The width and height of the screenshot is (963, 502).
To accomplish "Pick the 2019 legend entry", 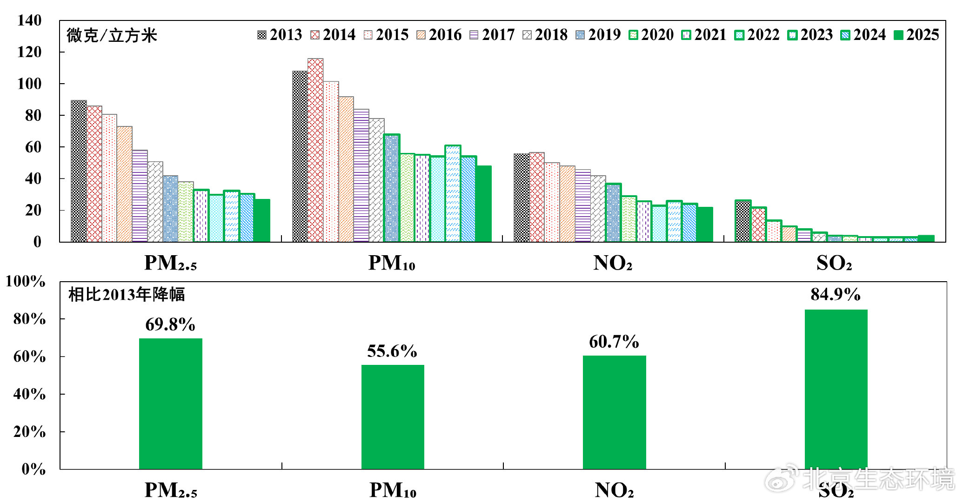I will pyautogui.click(x=598, y=35).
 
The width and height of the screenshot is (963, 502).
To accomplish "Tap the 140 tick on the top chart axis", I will pyautogui.click(x=29, y=20).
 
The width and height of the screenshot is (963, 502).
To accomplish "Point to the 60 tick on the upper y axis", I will pyautogui.click(x=33, y=147).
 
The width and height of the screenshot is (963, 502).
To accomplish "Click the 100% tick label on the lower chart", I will pyautogui.click(x=26, y=282).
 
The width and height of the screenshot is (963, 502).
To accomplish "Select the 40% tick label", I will pyautogui.click(x=30, y=395).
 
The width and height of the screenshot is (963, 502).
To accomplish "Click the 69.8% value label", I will pyautogui.click(x=170, y=324).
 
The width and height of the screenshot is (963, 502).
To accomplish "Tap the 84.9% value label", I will pyautogui.click(x=836, y=295).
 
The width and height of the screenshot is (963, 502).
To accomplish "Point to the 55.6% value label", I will pyautogui.click(x=392, y=351).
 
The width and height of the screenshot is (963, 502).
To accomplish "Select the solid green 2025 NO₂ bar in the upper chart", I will pyautogui.click(x=705, y=225).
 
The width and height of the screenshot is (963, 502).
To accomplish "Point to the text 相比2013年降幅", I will pyautogui.click(x=127, y=295).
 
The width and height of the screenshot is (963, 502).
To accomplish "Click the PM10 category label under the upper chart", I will pyautogui.click(x=392, y=264).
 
